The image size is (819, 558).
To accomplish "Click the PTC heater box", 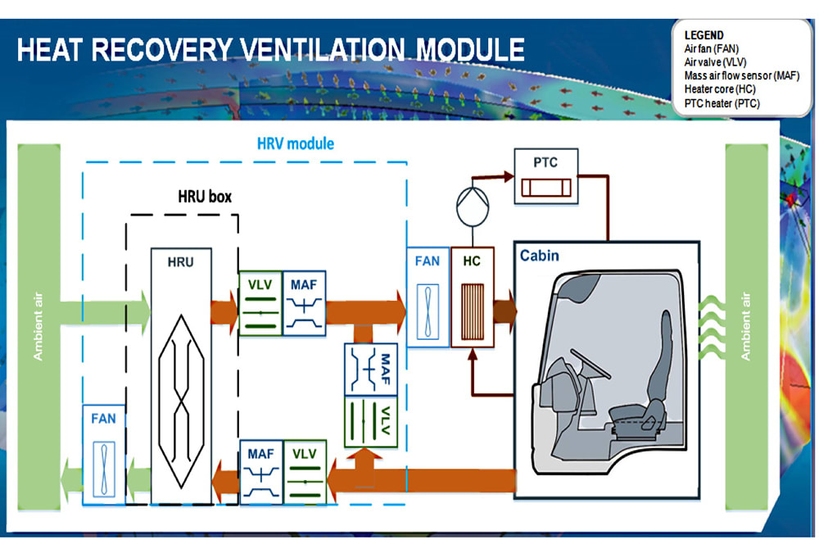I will coord(545,176).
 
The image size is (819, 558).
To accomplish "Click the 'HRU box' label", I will coord(205,197).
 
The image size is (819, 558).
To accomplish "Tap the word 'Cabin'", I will coord(540,256).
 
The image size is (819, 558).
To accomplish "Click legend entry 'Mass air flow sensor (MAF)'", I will coord(741,75).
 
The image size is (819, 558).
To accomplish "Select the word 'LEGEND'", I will coord(704,35).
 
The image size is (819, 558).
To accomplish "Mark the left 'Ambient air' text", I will coord(38,327).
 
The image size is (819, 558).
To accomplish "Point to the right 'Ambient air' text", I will coord(746,327).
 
